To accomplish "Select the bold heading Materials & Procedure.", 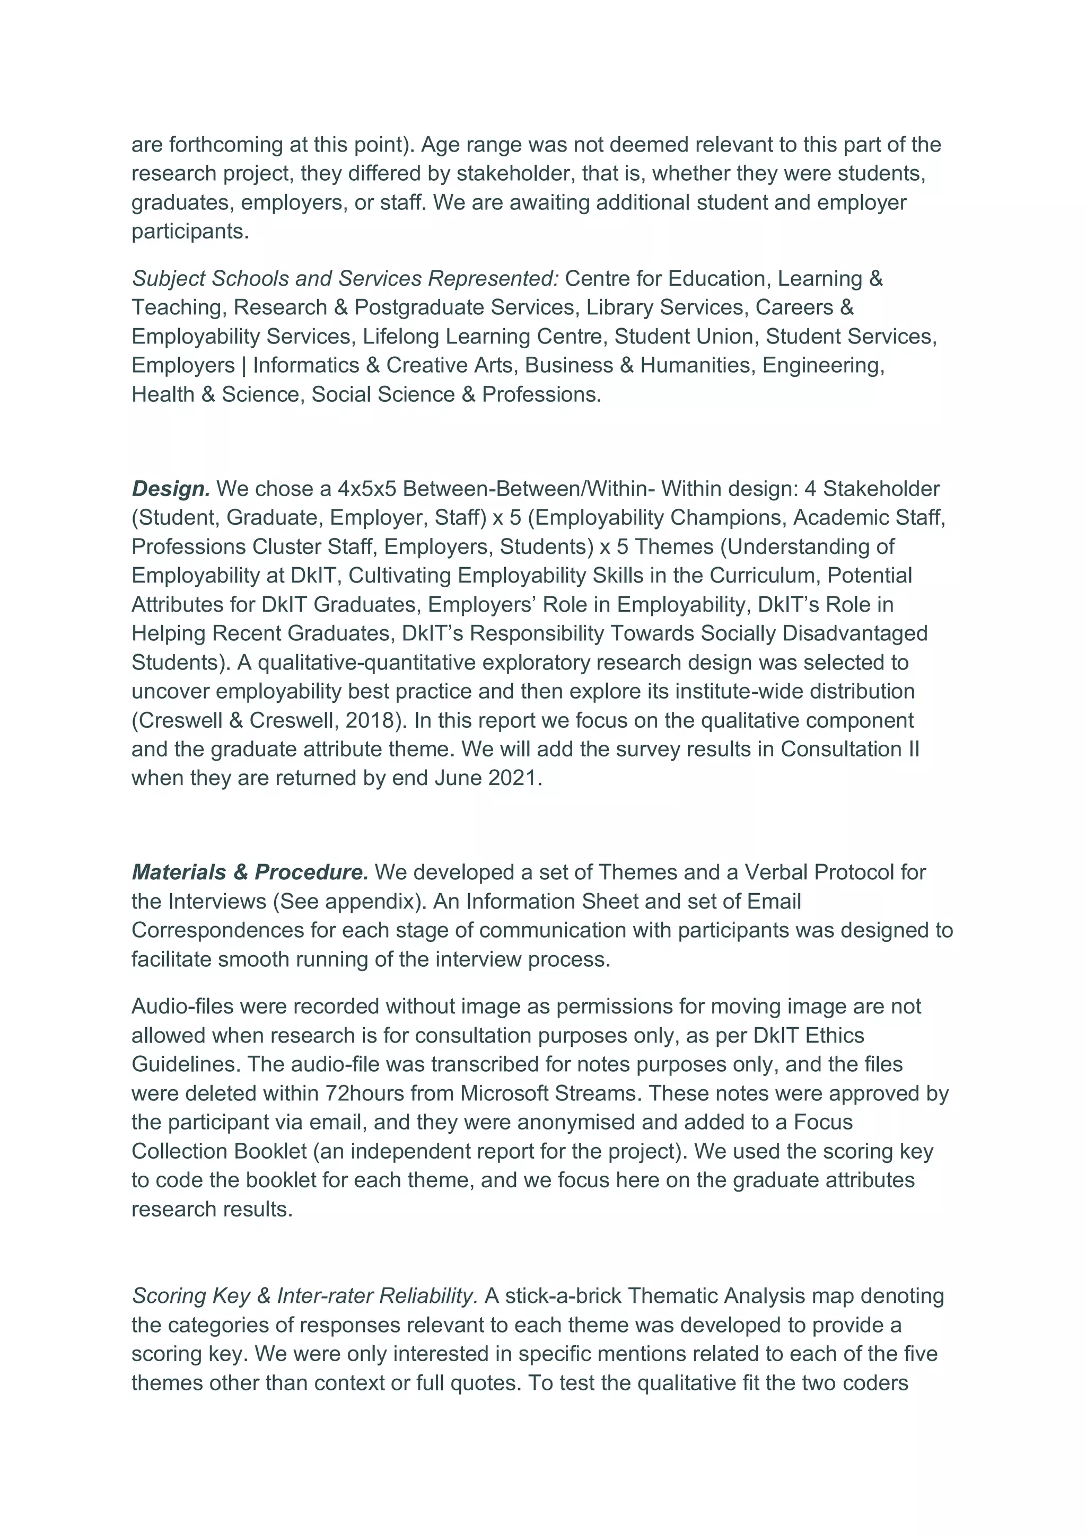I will click(x=250, y=872).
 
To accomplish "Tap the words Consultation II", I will click(x=850, y=749).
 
